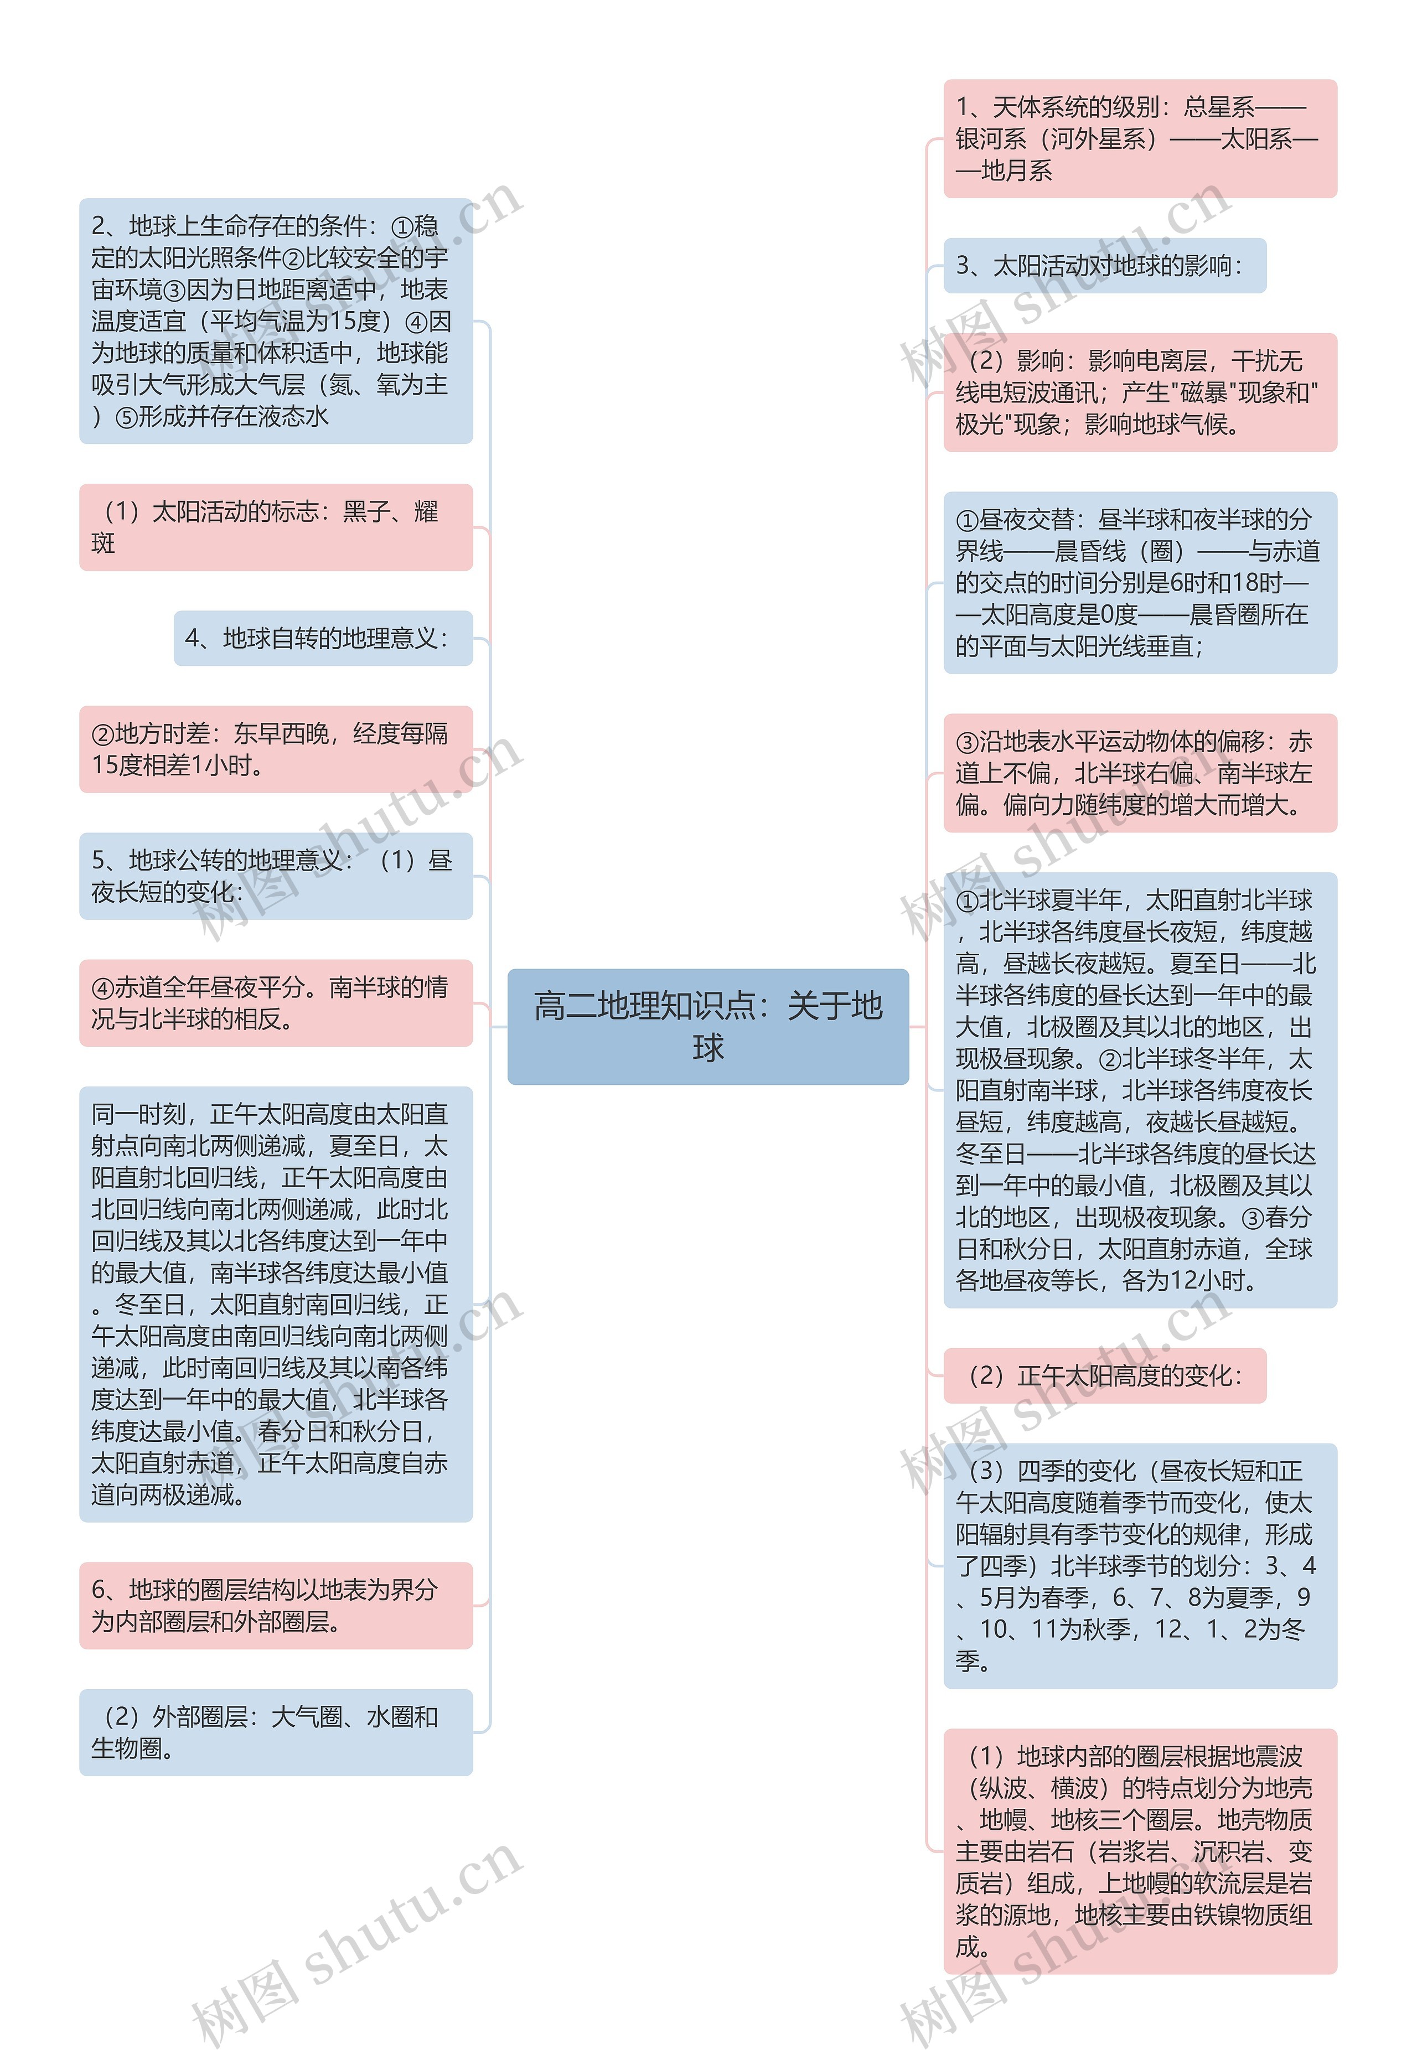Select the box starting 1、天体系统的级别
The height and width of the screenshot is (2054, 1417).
[x=1139, y=138]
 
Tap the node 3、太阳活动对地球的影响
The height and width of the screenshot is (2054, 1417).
[x=1104, y=266]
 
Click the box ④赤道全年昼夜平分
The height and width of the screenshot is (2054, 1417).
[x=275, y=1002]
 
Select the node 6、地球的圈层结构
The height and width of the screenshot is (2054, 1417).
[x=275, y=1605]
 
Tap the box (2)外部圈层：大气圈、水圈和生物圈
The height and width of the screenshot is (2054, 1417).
[x=275, y=1732]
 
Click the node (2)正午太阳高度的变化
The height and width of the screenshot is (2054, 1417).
[x=1104, y=1376]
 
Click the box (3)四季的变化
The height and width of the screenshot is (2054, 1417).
[x=1139, y=1566]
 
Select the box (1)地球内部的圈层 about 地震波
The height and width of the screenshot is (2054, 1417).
[x=1139, y=1851]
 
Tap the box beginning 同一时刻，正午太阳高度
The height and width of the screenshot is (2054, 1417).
[x=275, y=1304]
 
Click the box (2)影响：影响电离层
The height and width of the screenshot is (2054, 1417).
[x=1139, y=392]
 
